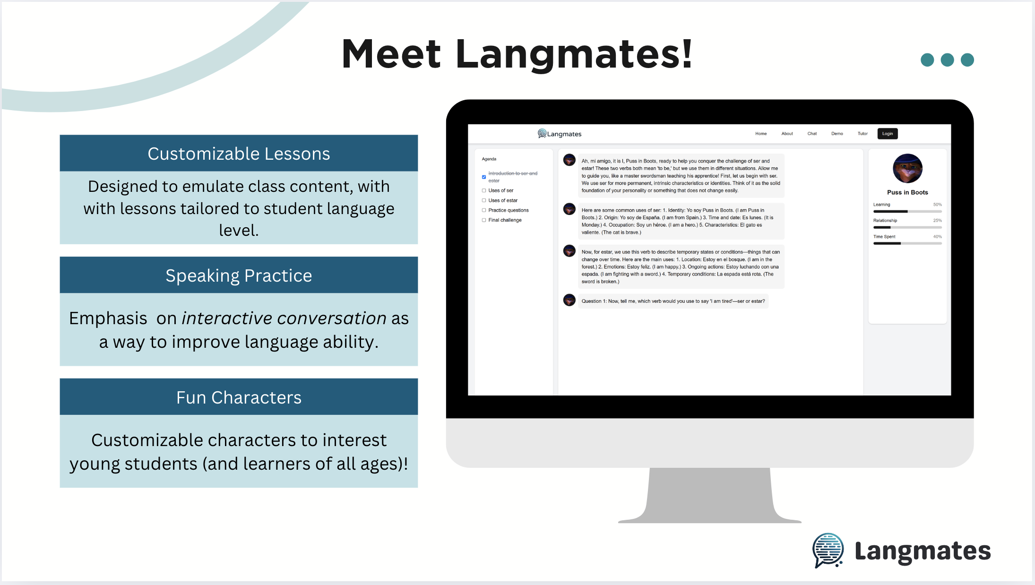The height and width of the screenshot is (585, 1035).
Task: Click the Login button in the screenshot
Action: (x=888, y=134)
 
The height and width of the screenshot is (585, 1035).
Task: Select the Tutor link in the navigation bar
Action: (x=862, y=134)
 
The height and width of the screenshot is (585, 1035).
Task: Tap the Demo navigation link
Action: (x=837, y=134)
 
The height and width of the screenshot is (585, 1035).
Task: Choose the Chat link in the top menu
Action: (x=812, y=134)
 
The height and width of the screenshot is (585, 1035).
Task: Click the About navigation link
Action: (x=787, y=134)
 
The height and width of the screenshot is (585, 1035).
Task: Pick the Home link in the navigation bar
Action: (x=761, y=134)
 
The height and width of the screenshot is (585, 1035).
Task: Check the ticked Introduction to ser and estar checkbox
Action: (x=484, y=177)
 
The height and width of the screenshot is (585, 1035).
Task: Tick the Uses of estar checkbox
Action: (x=484, y=200)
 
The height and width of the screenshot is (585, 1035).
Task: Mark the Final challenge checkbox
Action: (x=484, y=220)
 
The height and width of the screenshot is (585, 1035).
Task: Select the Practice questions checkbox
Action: (x=484, y=210)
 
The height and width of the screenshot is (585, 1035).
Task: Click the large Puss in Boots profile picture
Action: (x=907, y=169)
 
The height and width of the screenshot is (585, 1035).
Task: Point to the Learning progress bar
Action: (x=907, y=211)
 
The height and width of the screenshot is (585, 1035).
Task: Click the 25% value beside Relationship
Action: (x=938, y=221)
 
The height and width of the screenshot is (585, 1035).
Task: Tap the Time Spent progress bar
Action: (x=907, y=243)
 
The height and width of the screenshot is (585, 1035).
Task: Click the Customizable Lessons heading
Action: (x=239, y=154)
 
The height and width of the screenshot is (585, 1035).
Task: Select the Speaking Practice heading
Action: (x=239, y=275)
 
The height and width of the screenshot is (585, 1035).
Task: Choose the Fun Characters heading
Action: (x=239, y=397)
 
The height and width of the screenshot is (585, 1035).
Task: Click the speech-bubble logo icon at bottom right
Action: (x=828, y=551)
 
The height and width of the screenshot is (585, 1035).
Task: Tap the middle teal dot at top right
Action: (x=947, y=60)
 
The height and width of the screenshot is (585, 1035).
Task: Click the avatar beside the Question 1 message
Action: (x=569, y=300)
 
